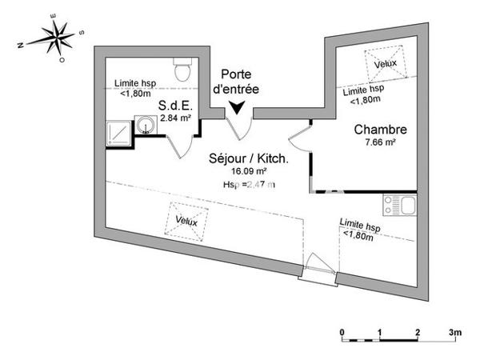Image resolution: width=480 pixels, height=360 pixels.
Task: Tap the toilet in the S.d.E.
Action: [183, 70]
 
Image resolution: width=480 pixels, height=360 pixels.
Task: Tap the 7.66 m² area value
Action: [380, 143]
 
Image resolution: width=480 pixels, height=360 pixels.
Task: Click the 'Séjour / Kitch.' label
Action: [250, 158]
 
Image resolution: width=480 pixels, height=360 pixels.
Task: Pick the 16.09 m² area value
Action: [249, 171]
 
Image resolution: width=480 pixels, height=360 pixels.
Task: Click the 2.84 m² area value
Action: [175, 118]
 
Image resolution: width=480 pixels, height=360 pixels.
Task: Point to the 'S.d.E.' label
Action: [174, 104]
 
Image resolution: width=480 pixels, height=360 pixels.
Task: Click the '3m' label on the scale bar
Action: [456, 331]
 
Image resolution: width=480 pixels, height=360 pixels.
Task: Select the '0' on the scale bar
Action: [342, 331]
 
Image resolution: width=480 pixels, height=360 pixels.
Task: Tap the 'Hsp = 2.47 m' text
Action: [249, 185]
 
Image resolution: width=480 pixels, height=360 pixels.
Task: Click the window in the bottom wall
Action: [317, 271]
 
